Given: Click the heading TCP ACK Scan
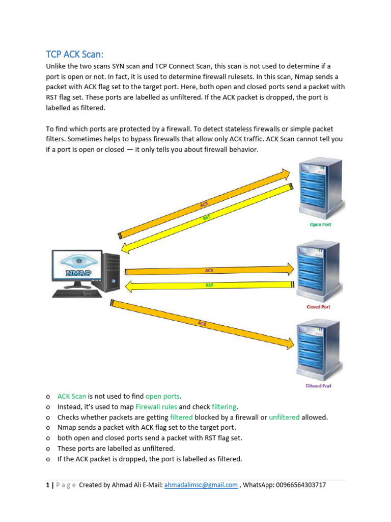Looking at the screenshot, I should click(78, 55).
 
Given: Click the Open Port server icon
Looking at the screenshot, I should click(320, 188).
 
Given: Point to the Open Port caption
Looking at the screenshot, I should click(320, 224).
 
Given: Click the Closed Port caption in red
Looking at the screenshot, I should click(318, 307).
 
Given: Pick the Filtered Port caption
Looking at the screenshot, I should click(318, 386).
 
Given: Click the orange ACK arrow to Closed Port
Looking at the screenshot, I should click(209, 270).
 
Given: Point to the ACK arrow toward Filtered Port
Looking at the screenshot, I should click(203, 323).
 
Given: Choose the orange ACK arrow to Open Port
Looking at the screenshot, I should click(204, 204).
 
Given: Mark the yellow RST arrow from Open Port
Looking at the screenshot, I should click(206, 218).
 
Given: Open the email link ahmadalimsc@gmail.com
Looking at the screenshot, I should click(201, 485).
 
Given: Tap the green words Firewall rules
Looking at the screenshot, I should click(156, 407).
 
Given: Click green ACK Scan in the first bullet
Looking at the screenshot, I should click(72, 396).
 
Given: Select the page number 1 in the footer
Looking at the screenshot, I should click(47, 485).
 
